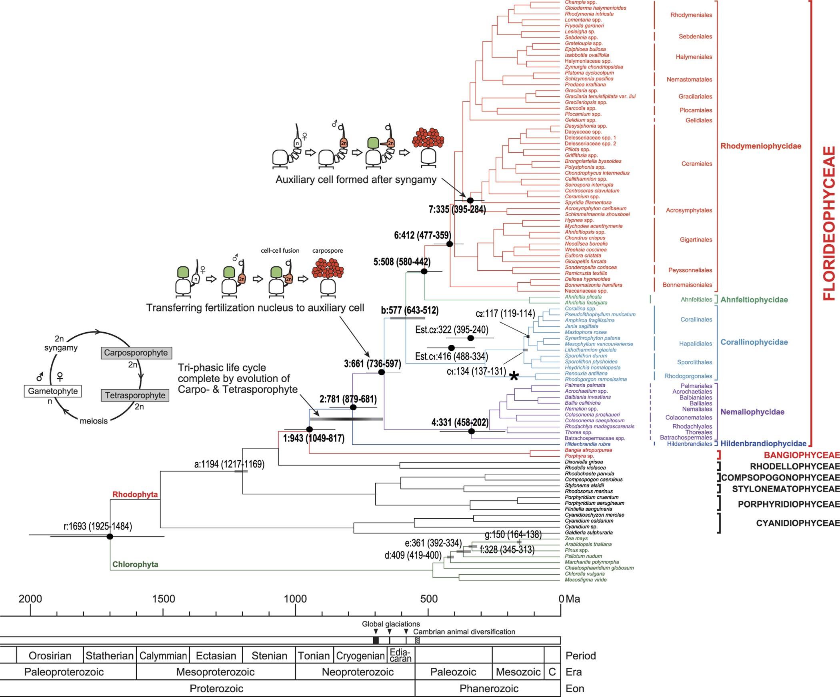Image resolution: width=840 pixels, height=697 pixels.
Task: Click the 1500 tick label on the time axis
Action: pyautogui.click(x=163, y=599)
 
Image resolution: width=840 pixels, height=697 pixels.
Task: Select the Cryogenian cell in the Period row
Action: pyautogui.click(x=360, y=656)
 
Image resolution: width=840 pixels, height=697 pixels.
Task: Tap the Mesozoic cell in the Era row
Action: pyautogui.click(x=518, y=672)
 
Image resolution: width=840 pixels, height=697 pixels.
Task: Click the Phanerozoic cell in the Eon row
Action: pyautogui.click(x=489, y=689)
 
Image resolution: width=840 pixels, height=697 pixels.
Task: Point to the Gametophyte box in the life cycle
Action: pyautogui.click(x=53, y=391)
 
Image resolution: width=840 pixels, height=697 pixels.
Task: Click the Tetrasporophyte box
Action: pyautogui.click(x=135, y=395)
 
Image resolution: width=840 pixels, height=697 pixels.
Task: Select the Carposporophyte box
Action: pyautogui.click(x=136, y=353)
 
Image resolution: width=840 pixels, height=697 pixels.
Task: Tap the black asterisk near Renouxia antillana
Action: pyautogui.click(x=514, y=376)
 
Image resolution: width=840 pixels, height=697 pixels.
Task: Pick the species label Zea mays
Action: pyautogui.click(x=576, y=538)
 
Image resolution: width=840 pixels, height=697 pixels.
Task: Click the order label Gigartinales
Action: pyautogui.click(x=696, y=240)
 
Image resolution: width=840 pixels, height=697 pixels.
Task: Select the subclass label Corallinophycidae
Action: pyautogui.click(x=754, y=342)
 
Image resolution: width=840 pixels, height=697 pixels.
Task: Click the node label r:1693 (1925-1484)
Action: pyautogui.click(x=98, y=526)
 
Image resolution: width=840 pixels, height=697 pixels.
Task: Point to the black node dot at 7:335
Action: pyautogui.click(x=470, y=200)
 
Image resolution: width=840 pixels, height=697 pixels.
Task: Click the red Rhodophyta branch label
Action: pyautogui.click(x=135, y=495)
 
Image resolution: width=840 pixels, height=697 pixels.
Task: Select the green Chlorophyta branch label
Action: pyautogui.click(x=135, y=564)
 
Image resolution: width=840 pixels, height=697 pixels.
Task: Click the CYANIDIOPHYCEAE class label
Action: pyautogui.click(x=798, y=523)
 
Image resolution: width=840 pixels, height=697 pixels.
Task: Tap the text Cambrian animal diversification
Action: pyautogui.click(x=464, y=632)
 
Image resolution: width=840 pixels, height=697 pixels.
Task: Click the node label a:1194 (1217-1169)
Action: pyautogui.click(x=229, y=464)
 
